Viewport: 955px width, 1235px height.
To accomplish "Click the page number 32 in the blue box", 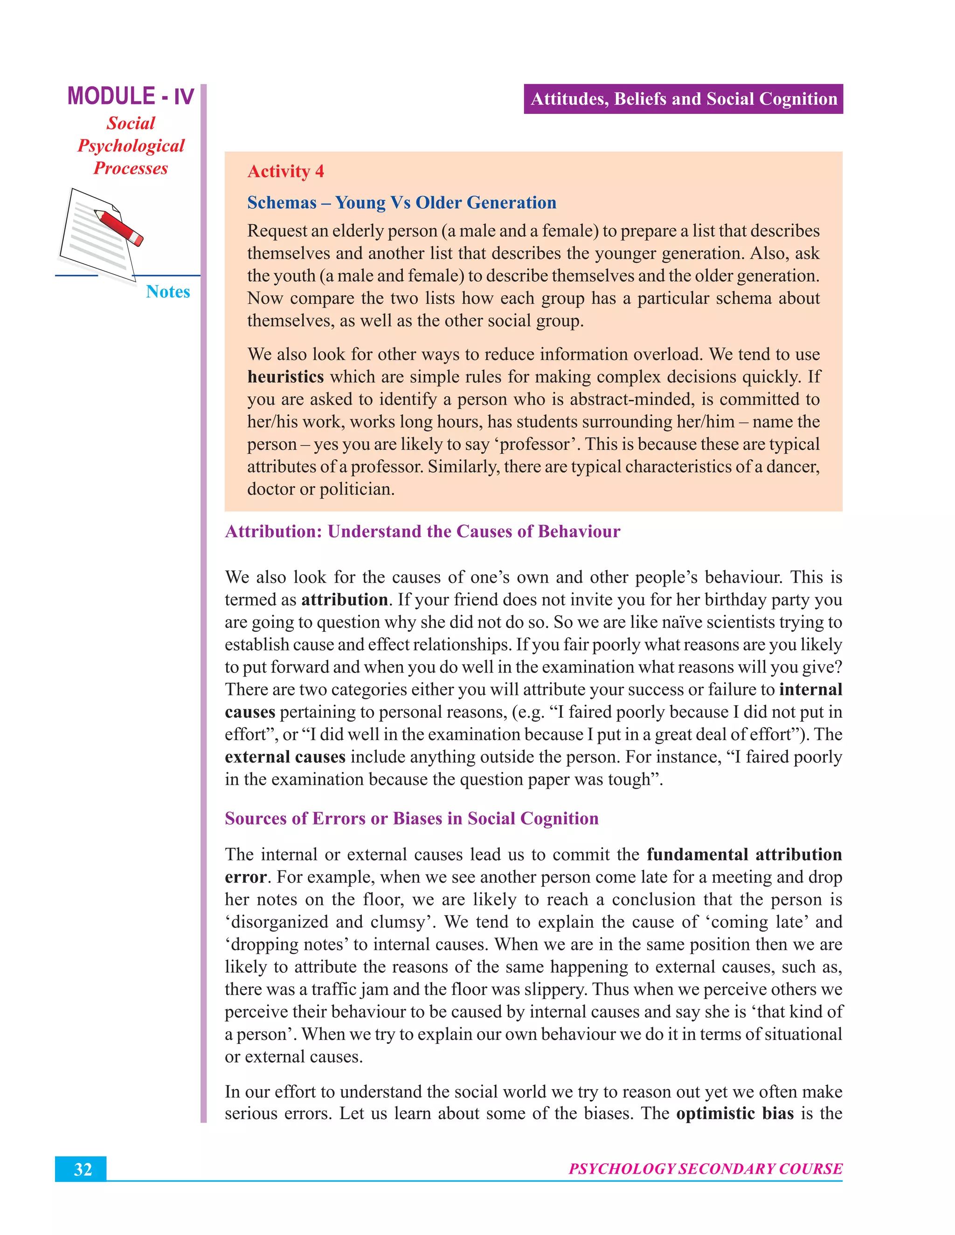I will point(83,1169).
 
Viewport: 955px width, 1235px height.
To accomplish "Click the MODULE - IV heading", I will point(131,96).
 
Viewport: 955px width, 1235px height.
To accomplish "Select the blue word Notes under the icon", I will point(167,291).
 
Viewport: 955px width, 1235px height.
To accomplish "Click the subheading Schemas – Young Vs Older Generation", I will point(401,202).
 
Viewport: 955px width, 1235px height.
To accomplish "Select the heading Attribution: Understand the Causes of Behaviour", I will point(422,532).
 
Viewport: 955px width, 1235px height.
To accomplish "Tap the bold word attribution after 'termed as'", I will point(344,599).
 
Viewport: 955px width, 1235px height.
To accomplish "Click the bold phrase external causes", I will point(284,756).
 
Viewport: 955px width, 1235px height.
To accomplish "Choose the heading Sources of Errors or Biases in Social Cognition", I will point(411,818).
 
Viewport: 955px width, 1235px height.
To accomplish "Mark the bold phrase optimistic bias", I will point(734,1113).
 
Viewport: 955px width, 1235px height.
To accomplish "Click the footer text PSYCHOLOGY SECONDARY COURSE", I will point(705,1169).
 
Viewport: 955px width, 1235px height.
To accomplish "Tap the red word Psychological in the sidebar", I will point(131,146).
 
